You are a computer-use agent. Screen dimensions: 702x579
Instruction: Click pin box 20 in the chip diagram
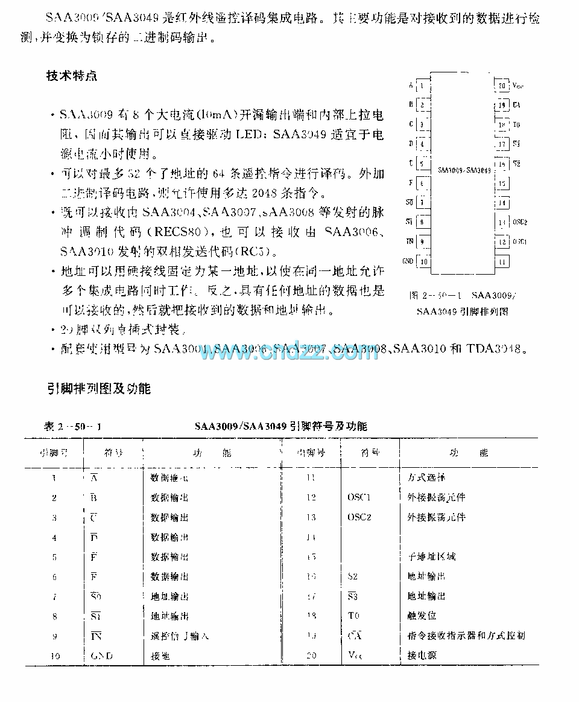502,86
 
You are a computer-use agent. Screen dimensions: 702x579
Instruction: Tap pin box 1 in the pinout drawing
425,86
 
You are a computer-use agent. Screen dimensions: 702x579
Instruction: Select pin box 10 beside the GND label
425,261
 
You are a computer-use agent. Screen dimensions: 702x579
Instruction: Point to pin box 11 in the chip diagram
502,261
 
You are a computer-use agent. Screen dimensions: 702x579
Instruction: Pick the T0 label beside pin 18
516,125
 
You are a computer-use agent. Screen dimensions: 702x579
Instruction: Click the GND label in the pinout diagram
408,261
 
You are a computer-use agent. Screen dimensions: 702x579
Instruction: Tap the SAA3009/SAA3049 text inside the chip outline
464,171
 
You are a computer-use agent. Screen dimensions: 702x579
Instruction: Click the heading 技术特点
72,76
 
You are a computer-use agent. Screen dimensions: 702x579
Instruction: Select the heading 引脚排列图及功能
99,389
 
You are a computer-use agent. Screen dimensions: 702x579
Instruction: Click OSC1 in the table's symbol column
359,497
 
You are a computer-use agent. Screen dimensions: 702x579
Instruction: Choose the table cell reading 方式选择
426,477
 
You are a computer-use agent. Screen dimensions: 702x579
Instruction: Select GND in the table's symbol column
101,656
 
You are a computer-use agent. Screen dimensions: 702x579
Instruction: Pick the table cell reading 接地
160,656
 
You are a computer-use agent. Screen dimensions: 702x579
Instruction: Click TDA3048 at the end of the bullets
496,349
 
